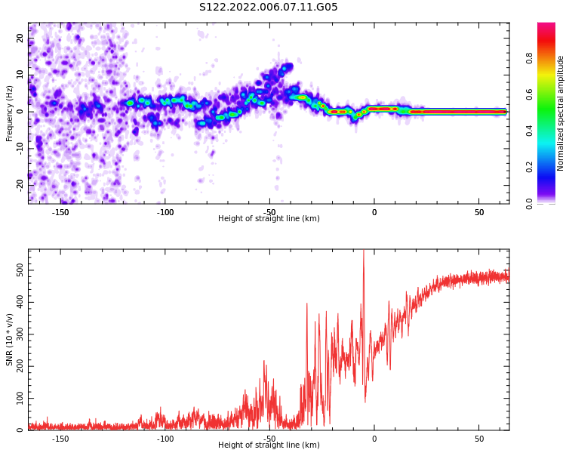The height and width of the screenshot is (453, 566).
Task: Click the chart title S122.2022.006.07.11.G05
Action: tap(269, 8)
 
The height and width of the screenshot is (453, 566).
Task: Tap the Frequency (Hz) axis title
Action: tap(10, 112)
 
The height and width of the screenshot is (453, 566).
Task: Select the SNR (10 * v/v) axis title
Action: tap(10, 339)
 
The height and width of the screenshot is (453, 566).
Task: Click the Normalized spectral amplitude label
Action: tap(561, 112)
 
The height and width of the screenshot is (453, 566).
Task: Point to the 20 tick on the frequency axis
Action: tap(20, 39)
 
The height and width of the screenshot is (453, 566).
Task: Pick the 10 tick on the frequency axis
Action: tap(20, 75)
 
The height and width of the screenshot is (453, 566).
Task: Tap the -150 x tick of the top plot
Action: tap(60, 212)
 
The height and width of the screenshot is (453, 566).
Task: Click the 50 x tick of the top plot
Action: tap(478, 212)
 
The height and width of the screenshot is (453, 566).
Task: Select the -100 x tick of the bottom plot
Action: tap(165, 439)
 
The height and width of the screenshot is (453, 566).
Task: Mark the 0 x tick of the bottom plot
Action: tap(374, 439)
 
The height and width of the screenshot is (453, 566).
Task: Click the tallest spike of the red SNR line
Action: tap(364, 252)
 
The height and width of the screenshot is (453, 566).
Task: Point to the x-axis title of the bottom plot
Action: tap(269, 445)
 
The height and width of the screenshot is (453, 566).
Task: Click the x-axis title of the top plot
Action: tap(269, 219)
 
